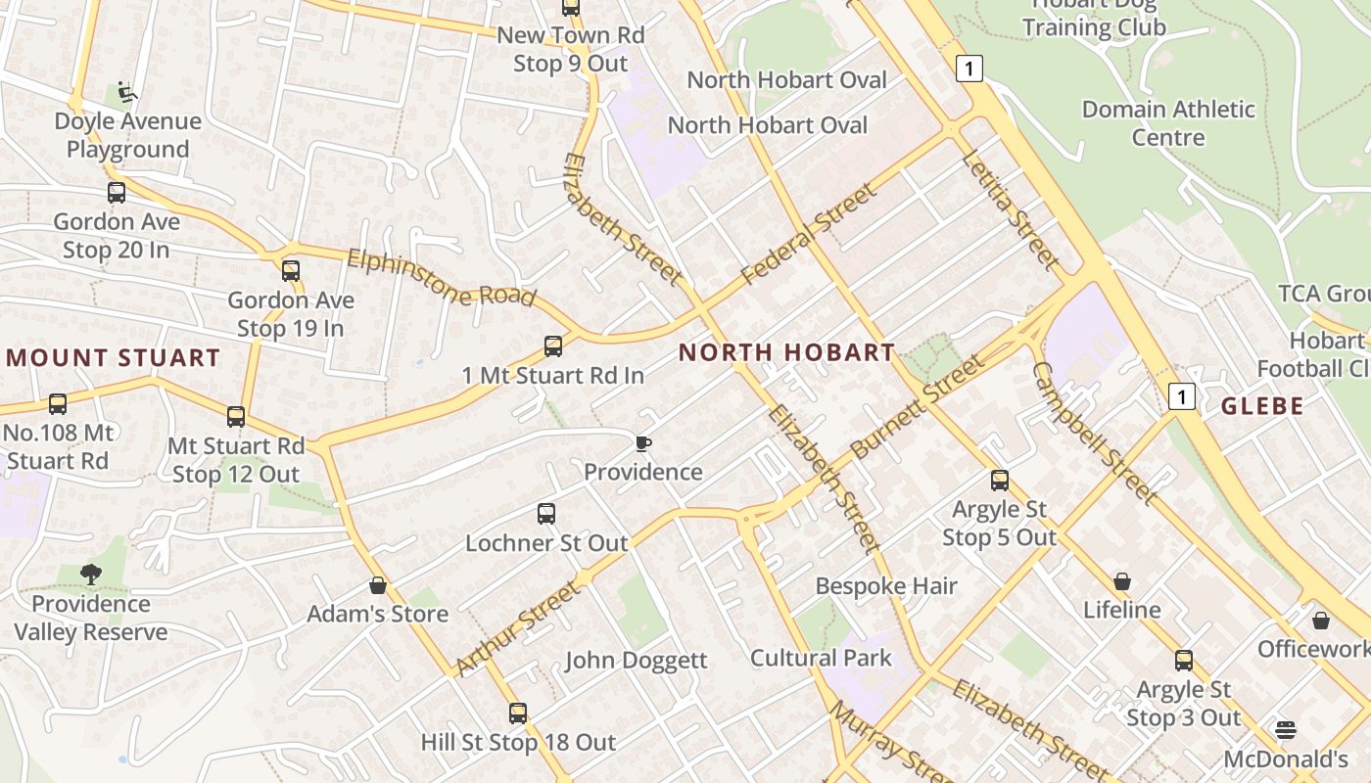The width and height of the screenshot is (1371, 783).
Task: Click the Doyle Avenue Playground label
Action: click(x=127, y=135)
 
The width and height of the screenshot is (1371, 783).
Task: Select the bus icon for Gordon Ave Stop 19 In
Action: click(x=291, y=271)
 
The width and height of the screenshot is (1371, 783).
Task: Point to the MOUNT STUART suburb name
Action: click(x=113, y=357)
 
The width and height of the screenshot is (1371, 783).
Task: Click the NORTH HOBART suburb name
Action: click(x=786, y=352)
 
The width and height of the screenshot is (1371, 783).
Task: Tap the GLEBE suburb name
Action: click(x=1262, y=406)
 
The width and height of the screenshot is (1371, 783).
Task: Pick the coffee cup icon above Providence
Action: click(x=642, y=444)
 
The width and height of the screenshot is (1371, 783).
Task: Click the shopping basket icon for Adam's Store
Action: click(x=378, y=586)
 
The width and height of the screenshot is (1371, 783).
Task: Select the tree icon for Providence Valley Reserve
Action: click(x=91, y=575)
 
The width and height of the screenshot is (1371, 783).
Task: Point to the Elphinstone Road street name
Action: click(x=442, y=278)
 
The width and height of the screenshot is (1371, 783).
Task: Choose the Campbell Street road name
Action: click(x=1094, y=433)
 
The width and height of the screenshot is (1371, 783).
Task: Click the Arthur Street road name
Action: click(x=518, y=627)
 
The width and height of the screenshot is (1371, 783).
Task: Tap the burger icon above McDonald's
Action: click(x=1286, y=730)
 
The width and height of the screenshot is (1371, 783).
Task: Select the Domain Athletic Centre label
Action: click(x=1167, y=123)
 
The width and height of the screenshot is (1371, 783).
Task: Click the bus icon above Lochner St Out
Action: click(x=546, y=514)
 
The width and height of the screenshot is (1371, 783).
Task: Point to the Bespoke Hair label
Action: click(x=886, y=586)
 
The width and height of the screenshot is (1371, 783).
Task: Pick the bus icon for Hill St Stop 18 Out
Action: click(x=518, y=714)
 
